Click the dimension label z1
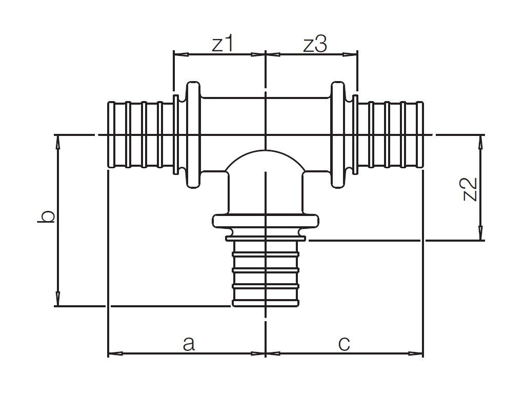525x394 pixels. click(223, 44)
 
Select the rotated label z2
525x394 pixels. click(470, 189)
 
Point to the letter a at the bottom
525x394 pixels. click(189, 344)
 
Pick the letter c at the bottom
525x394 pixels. click(344, 344)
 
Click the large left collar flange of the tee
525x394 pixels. click(193, 135)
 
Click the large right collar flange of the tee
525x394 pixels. click(338, 135)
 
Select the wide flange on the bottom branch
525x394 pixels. click(266, 222)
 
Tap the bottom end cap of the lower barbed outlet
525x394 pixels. click(266, 304)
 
